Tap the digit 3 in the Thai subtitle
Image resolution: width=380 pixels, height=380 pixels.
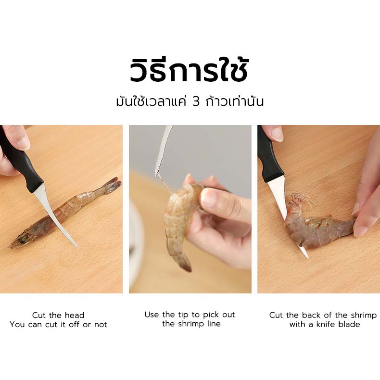point(196,102)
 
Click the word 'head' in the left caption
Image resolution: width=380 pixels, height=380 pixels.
point(75,315)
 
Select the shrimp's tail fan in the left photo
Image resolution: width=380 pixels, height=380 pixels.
point(113,184)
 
